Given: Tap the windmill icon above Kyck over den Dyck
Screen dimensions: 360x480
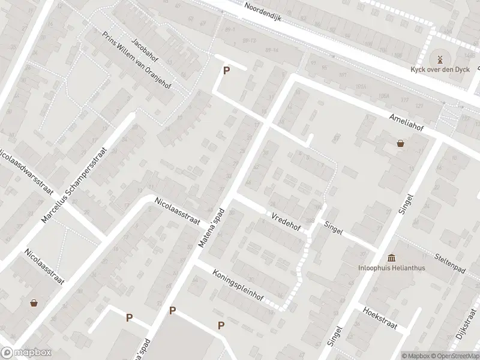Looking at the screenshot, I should (x=439, y=59).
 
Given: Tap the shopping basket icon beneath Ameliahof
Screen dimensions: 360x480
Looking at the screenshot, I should (x=400, y=143).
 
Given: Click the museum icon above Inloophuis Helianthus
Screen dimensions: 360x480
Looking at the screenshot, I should (x=392, y=257).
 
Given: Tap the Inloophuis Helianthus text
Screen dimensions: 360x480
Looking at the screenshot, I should (x=392, y=268).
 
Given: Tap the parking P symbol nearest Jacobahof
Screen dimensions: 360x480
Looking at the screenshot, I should (x=226, y=70).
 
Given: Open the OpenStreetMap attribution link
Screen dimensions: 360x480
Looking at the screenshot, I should (x=452, y=355).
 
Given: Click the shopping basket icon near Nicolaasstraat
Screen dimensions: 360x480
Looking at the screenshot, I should (x=34, y=303).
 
